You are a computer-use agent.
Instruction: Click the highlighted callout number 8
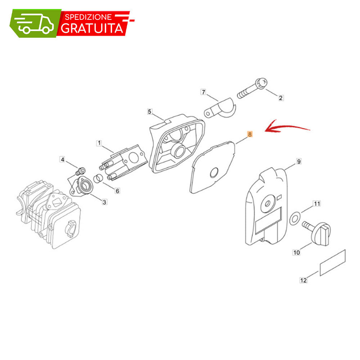(x=250, y=134)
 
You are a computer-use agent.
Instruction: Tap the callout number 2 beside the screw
(x=280, y=98)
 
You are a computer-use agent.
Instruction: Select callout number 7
(x=203, y=92)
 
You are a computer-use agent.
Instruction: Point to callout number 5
(x=150, y=112)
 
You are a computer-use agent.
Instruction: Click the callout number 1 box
(x=99, y=143)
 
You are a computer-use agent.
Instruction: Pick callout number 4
(x=62, y=159)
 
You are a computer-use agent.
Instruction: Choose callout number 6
(x=117, y=191)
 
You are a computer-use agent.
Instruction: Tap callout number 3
(x=104, y=202)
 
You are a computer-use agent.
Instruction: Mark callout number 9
(x=299, y=162)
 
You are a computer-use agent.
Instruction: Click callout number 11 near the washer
(x=317, y=204)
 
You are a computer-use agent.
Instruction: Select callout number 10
(x=296, y=253)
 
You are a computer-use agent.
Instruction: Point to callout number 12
(x=303, y=280)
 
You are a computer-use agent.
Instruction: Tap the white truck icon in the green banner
(x=35, y=23)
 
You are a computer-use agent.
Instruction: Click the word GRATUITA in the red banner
(x=92, y=28)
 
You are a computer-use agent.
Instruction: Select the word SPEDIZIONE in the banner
(x=89, y=17)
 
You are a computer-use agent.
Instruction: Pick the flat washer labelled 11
(x=294, y=219)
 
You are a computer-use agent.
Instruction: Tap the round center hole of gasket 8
(x=214, y=172)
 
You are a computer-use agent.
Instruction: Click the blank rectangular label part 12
(x=333, y=263)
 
